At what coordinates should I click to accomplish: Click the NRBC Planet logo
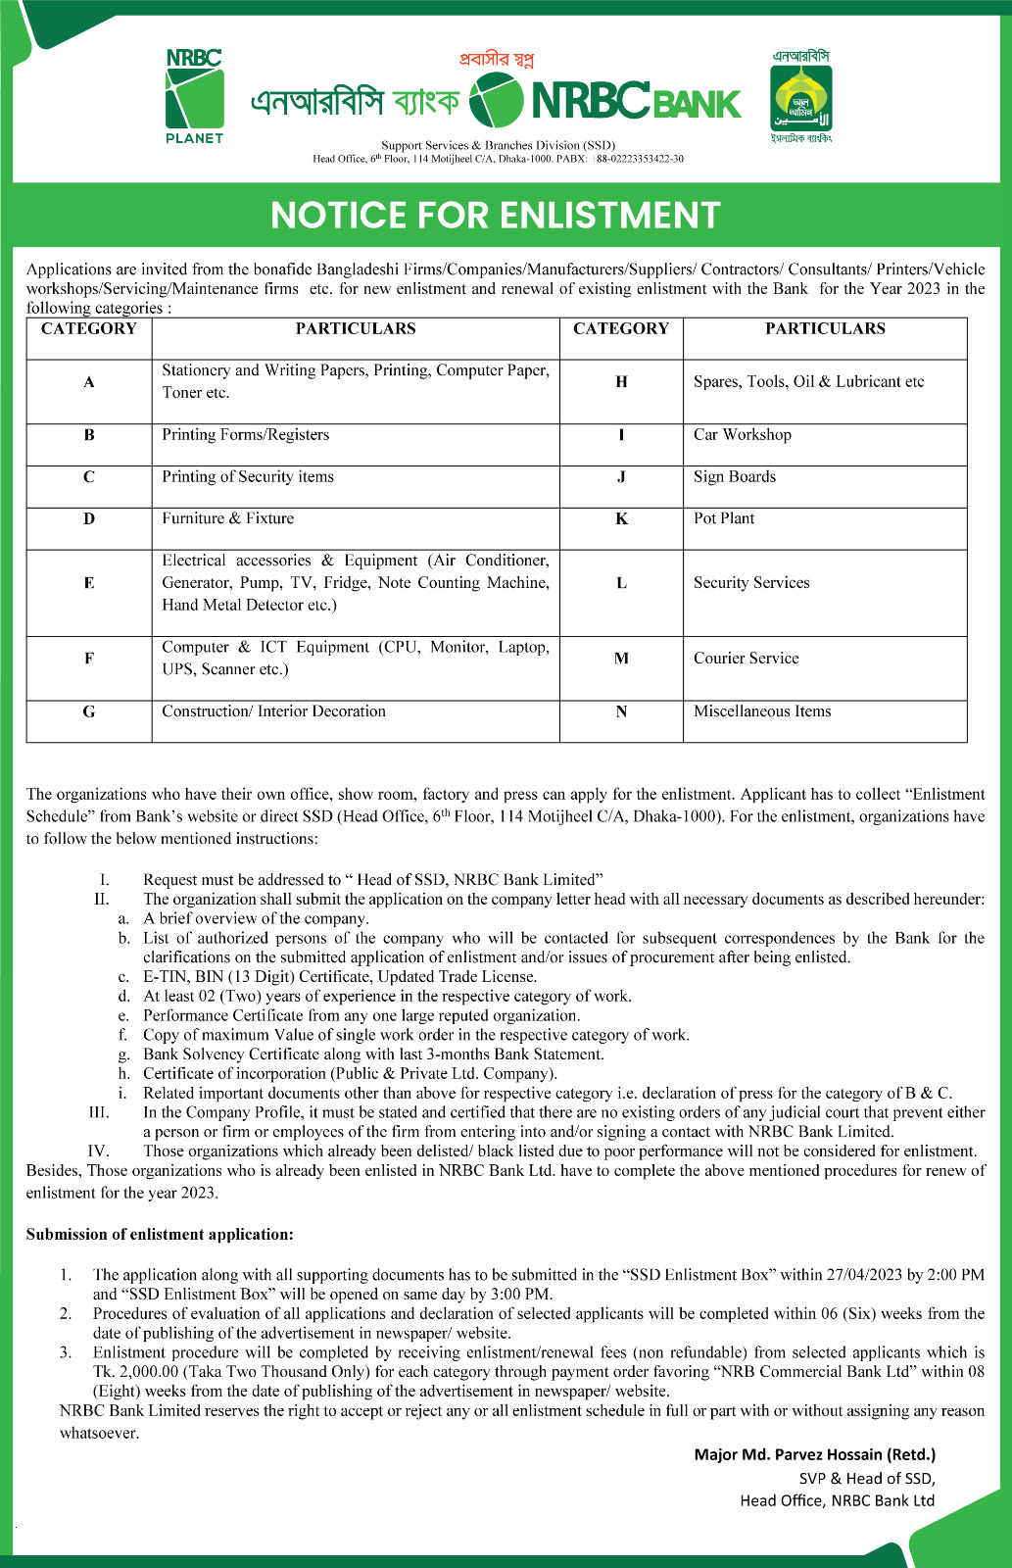pyautogui.click(x=194, y=96)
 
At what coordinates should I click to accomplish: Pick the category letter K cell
pyautogui.click(x=621, y=519)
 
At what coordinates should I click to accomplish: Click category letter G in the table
pyautogui.click(x=89, y=711)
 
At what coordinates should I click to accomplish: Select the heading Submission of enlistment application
pyautogui.click(x=160, y=1235)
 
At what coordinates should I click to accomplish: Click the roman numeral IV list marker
pyautogui.click(x=98, y=1151)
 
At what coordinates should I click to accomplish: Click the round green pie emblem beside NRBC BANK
pyautogui.click(x=496, y=100)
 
